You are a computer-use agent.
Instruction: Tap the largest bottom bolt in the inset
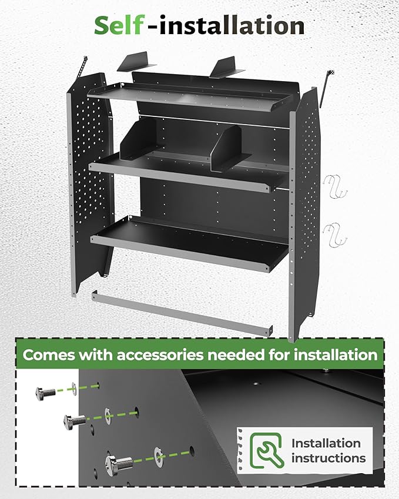(120, 459)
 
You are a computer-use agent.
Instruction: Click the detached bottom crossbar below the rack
(180, 312)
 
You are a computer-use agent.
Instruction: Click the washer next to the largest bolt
(158, 454)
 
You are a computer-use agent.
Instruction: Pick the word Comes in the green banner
(48, 355)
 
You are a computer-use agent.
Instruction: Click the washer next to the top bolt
(73, 388)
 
